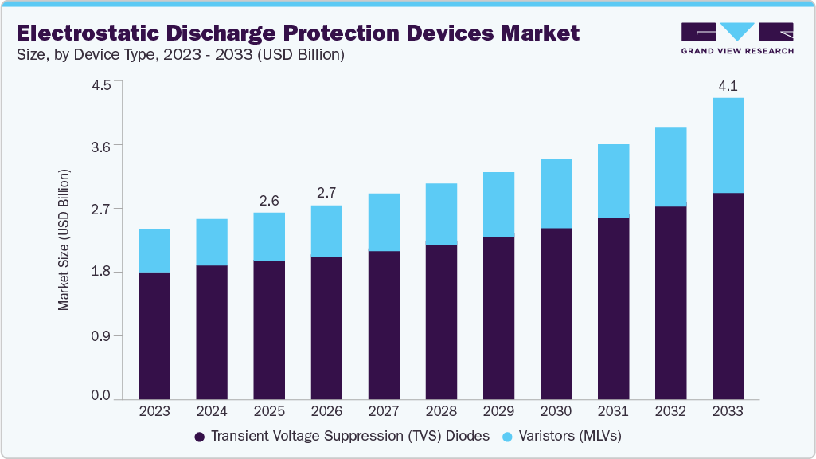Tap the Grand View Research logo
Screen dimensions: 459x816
pyautogui.click(x=737, y=37)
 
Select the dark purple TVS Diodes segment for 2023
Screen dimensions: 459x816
pyautogui.click(x=154, y=335)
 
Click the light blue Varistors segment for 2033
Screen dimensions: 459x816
pyautogui.click(x=728, y=145)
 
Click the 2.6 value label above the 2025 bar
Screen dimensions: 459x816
pyautogui.click(x=269, y=200)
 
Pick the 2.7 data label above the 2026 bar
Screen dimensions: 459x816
pyautogui.click(x=326, y=194)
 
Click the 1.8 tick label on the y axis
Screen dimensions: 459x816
pyautogui.click(x=101, y=272)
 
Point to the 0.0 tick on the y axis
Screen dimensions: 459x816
pyautogui.click(x=101, y=396)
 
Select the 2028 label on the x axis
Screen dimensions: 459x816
pyautogui.click(x=441, y=412)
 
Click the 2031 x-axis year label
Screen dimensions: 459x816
pyautogui.click(x=613, y=412)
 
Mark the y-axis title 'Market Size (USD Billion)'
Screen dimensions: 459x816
pyautogui.click(x=64, y=240)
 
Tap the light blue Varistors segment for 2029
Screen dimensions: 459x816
pyautogui.click(x=498, y=204)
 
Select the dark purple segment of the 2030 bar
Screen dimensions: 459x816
pyautogui.click(x=556, y=313)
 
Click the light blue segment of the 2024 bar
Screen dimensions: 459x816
pyautogui.click(x=212, y=242)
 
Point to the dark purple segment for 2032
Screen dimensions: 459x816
pyautogui.click(x=670, y=303)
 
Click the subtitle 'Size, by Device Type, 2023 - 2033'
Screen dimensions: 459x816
pyautogui.click(x=180, y=56)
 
